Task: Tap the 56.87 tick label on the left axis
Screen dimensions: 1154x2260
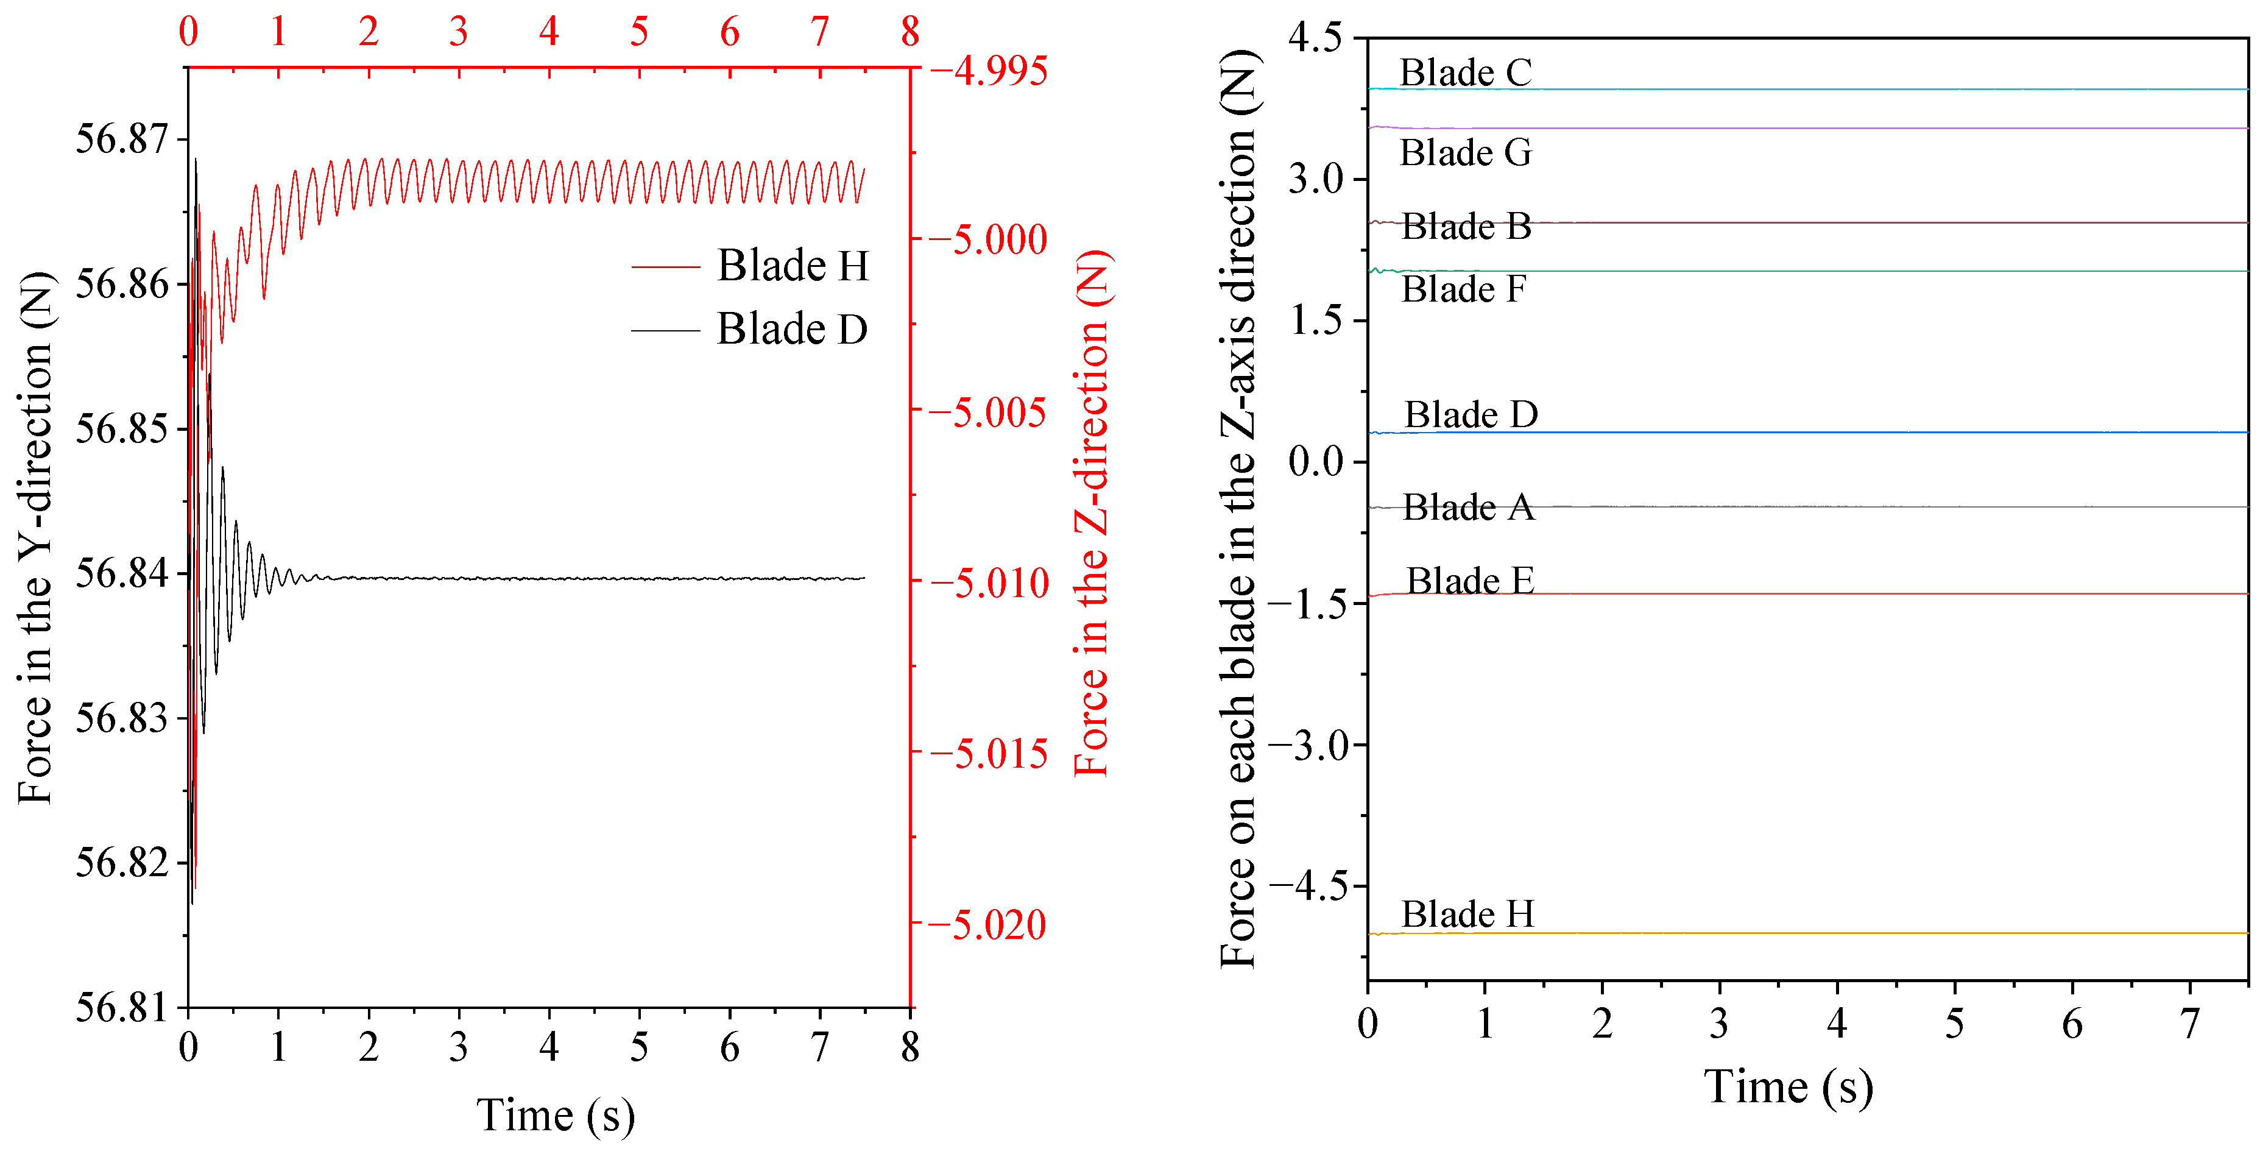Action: tap(122, 139)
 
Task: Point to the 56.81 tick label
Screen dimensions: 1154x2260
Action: tap(122, 1007)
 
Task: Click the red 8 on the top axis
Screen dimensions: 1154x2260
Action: tap(910, 32)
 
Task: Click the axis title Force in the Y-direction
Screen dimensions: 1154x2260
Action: tap(35, 537)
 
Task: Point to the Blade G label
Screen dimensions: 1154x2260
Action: tap(1465, 153)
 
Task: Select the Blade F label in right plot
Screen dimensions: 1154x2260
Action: tap(1463, 289)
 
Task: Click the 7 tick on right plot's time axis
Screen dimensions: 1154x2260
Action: tap(2190, 1023)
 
